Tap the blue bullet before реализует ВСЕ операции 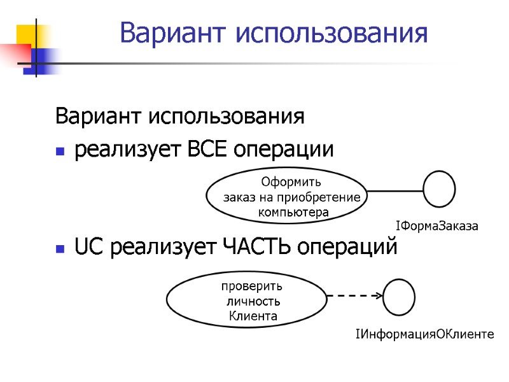point(60,152)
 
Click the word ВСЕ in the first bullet point(207,150)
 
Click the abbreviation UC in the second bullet point(90,247)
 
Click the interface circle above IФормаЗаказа point(440,189)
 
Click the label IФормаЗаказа point(436,225)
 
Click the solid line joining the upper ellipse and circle point(396,190)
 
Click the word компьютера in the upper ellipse point(293,212)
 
